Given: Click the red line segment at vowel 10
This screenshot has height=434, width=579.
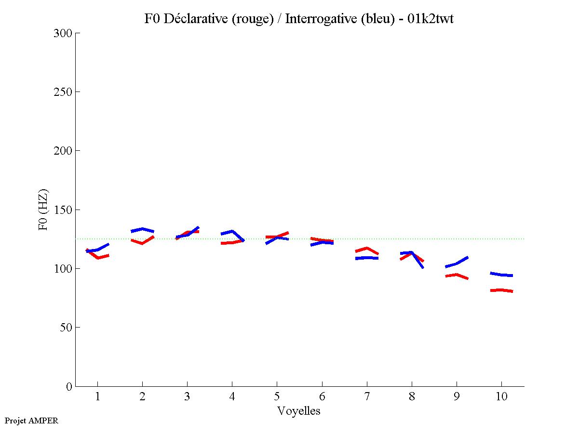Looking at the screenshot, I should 501,290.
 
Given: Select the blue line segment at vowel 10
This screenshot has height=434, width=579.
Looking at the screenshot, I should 501,275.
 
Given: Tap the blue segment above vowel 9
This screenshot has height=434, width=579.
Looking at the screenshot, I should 456,263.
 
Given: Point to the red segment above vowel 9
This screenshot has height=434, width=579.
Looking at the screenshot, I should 456,276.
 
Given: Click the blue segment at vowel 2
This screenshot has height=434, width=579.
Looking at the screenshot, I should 142,229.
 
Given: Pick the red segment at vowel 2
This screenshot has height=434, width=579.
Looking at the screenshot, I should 142,242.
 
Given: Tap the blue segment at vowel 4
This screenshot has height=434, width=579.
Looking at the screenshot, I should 232,232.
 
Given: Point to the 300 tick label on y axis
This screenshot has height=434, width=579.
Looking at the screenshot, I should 63,33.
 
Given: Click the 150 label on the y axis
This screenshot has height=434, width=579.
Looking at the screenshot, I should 63,210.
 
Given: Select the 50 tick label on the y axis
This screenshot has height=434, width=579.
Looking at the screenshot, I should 66,328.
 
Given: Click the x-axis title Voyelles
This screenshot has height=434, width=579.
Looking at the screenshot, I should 299,411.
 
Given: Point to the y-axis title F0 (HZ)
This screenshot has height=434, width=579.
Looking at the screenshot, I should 43,210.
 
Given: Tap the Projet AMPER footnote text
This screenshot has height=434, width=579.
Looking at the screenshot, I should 31,421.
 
